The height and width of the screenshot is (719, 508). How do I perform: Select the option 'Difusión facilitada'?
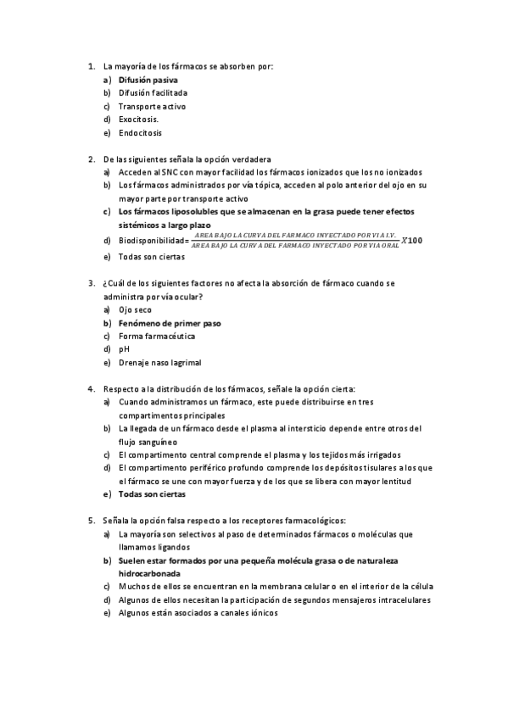click(x=153, y=92)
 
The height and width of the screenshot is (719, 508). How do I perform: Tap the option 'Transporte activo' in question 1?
click(x=152, y=106)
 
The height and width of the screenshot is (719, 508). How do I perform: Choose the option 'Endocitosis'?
click(x=140, y=133)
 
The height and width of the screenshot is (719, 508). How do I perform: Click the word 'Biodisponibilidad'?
click(x=154, y=242)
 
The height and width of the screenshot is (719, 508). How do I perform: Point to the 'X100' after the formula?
click(x=411, y=240)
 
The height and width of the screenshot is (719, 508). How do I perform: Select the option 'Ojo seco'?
click(x=135, y=309)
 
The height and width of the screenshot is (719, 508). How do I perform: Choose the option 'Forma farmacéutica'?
click(x=157, y=336)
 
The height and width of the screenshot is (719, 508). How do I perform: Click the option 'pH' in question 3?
click(x=124, y=348)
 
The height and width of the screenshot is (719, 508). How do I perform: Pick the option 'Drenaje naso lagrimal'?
click(x=159, y=362)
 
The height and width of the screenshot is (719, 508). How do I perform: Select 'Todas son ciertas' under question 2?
click(x=151, y=256)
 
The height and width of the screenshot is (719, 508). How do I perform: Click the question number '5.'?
click(x=91, y=520)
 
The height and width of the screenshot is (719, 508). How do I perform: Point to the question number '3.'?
click(x=91, y=283)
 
